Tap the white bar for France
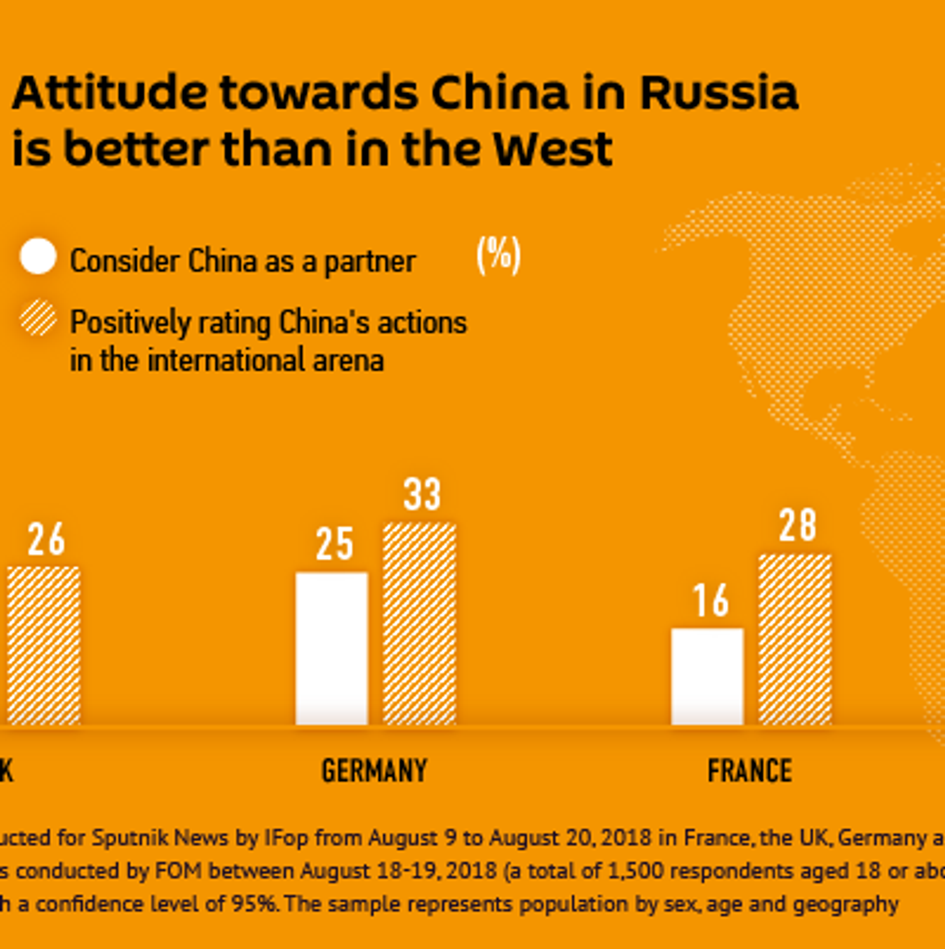pos(707,676)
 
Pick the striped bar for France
pos(795,639)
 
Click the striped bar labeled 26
pos(43,645)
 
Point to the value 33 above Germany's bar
pos(422,494)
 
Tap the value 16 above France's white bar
pos(710,601)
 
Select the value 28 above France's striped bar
pos(797,525)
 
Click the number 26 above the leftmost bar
pos(46,539)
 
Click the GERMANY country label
pos(374,771)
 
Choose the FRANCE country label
pos(750,771)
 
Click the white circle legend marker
pos(38,256)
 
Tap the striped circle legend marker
pos(38,318)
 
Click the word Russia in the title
pos(719,93)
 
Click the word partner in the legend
pos(370,262)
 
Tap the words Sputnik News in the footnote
pos(160,838)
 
